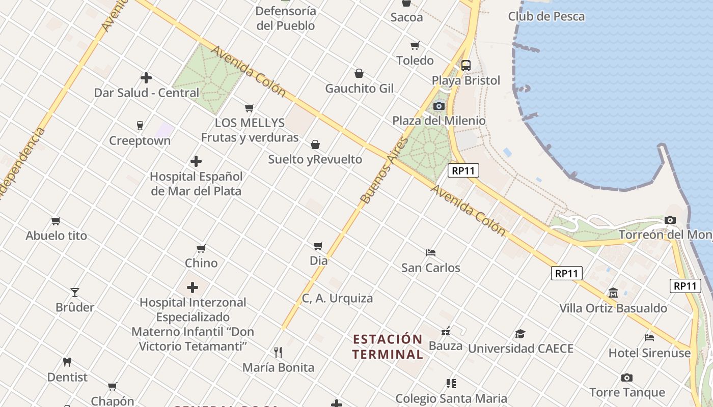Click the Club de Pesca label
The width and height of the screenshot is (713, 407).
tap(546, 16)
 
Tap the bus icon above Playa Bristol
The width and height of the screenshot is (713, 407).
tap(466, 65)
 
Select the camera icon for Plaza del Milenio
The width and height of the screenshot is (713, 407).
tap(438, 106)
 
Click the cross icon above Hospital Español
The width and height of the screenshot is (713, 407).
tap(196, 161)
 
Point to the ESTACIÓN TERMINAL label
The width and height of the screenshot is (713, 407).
tap(388, 346)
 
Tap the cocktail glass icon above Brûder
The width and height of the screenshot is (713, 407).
tap(75, 292)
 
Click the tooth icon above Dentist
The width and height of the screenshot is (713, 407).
tap(67, 362)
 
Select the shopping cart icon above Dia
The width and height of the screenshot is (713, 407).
tap(318, 246)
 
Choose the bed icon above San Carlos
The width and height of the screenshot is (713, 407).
tap(431, 252)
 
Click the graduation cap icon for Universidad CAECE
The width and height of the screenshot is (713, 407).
tap(520, 334)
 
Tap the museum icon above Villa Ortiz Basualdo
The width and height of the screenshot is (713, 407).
tap(613, 293)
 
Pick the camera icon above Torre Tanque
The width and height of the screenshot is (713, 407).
tap(627, 377)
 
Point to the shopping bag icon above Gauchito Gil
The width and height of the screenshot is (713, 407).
tap(359, 73)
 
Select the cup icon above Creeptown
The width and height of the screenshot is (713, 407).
tap(140, 125)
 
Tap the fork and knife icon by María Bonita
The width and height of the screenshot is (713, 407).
tap(278, 352)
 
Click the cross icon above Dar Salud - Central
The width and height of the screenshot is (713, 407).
tap(146, 78)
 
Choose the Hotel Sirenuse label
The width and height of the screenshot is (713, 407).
tap(649, 353)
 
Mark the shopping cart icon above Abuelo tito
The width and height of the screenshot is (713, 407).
tap(56, 221)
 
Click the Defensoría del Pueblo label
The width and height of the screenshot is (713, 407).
tap(286, 18)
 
